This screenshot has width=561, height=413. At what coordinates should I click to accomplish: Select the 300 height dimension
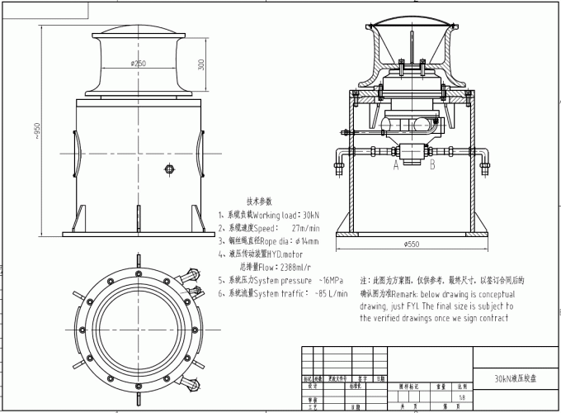(x=201, y=63)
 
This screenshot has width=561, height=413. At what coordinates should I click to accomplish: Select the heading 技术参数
(x=258, y=201)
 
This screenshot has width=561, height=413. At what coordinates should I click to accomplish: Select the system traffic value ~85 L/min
(x=329, y=293)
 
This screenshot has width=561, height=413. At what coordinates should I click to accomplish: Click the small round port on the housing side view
(x=170, y=170)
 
